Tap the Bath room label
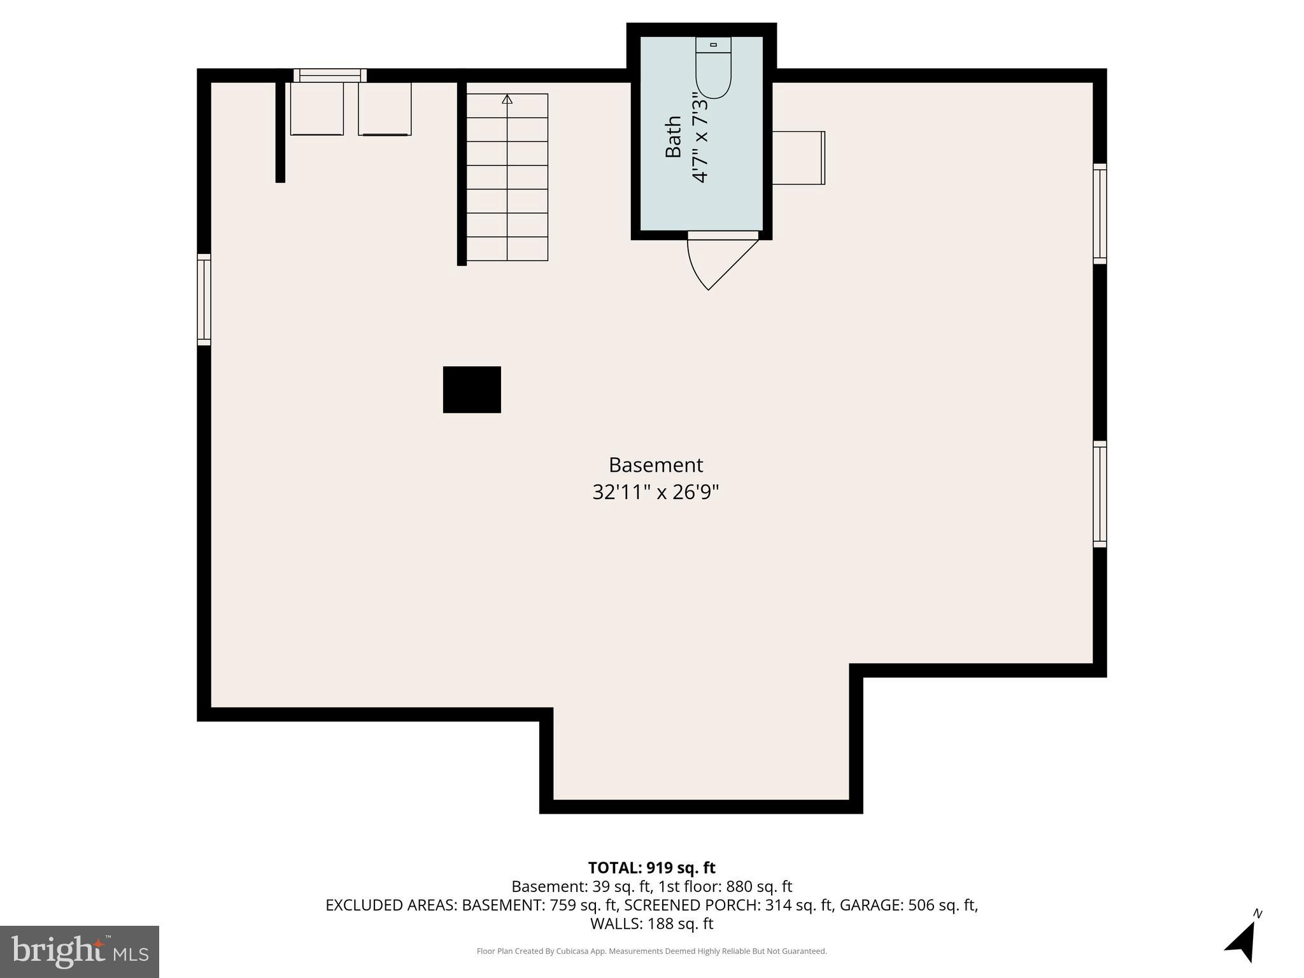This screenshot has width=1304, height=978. pyautogui.click(x=673, y=136)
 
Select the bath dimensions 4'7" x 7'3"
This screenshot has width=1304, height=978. pyautogui.click(x=700, y=136)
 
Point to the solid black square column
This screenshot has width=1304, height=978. pyautogui.click(x=472, y=390)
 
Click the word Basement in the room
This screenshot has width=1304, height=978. pyautogui.click(x=655, y=465)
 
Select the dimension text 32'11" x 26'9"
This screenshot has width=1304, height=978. pyautogui.click(x=655, y=492)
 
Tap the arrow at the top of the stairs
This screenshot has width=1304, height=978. pyautogui.click(x=507, y=99)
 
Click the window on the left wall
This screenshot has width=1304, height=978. pyautogui.click(x=204, y=299)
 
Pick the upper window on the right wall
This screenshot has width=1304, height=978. pyautogui.click(x=1100, y=213)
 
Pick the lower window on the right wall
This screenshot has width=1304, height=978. pyautogui.click(x=1100, y=494)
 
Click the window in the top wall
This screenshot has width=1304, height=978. pyautogui.click(x=330, y=75)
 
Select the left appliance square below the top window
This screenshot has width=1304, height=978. pyautogui.click(x=316, y=109)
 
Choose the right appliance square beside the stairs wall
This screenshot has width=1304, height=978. pyautogui.click(x=385, y=109)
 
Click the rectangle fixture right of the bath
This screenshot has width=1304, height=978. pyautogui.click(x=798, y=158)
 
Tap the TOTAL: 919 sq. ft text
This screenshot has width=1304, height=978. pyautogui.click(x=651, y=868)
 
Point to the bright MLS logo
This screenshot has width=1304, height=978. pyautogui.click(x=80, y=951)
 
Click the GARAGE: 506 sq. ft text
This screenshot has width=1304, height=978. pyautogui.click(x=909, y=905)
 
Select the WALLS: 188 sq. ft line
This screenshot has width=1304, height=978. pyautogui.click(x=651, y=923)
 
